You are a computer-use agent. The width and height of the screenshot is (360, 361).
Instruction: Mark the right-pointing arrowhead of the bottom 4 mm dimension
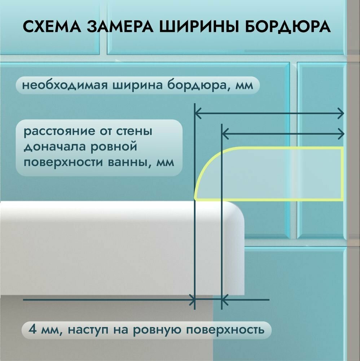(x=192, y=299)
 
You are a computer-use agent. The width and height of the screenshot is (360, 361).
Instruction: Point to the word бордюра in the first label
(x=191, y=86)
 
